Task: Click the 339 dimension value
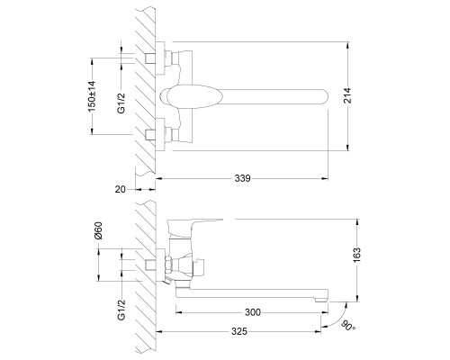242,178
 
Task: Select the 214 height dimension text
347,95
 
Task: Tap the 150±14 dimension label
92,96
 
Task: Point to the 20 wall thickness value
121,189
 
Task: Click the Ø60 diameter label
98,230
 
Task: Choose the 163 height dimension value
356,256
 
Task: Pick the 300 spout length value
253,312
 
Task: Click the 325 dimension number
239,331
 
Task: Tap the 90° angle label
348,326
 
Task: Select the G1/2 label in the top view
121,103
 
